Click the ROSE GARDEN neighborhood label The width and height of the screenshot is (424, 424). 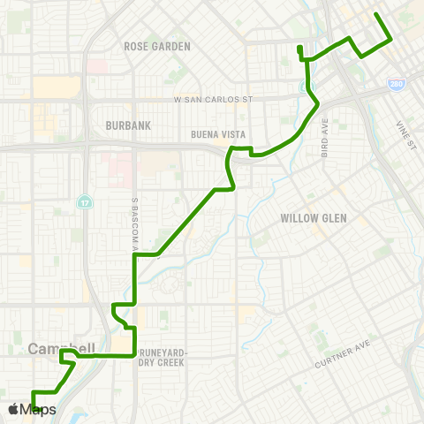point(152,46)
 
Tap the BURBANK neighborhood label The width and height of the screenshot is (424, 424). point(128,125)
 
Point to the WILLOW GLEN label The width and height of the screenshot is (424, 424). point(313,217)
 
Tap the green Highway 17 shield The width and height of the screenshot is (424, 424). point(84,202)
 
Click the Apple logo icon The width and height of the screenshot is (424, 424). point(13,409)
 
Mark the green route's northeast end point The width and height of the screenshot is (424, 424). point(377,15)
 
